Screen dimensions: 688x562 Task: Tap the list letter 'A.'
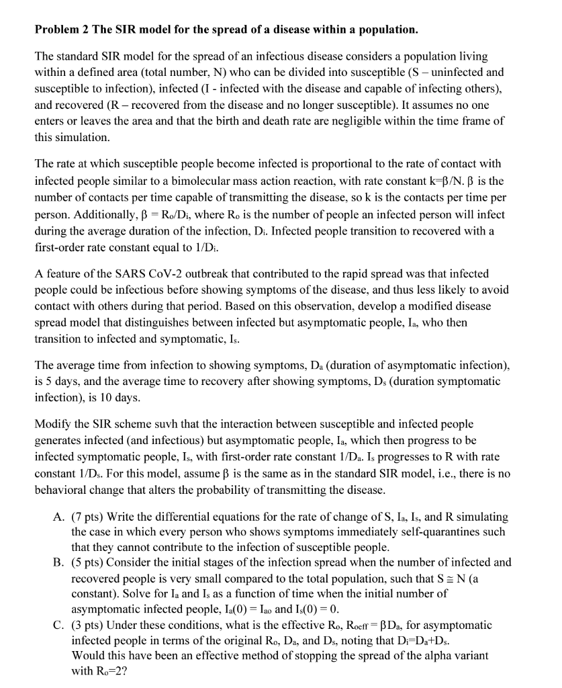58,517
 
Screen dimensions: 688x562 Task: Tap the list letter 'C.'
58,625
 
